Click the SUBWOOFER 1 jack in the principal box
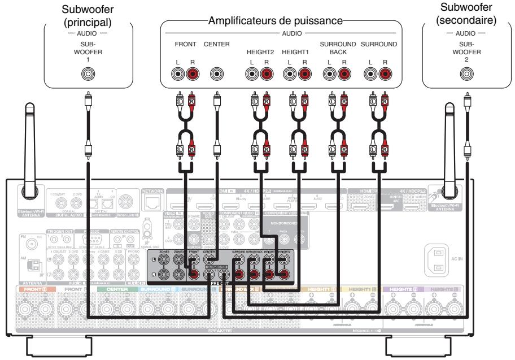[x=88, y=73]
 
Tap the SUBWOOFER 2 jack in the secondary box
[x=466, y=73]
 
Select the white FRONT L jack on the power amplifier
[x=180, y=73]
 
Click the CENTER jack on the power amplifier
[x=216, y=73]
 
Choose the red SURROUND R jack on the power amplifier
[x=385, y=73]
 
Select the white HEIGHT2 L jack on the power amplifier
[x=252, y=73]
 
